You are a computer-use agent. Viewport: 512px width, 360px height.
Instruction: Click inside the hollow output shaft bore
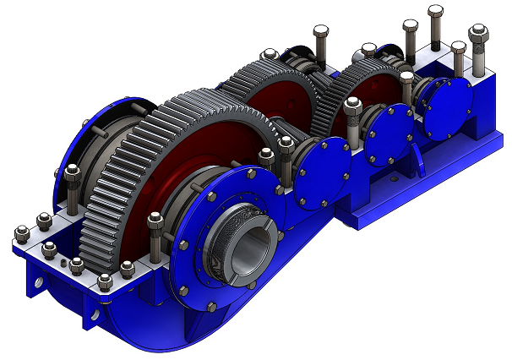pos(250,250)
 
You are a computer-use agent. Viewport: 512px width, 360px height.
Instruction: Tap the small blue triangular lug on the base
pos(33,279)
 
